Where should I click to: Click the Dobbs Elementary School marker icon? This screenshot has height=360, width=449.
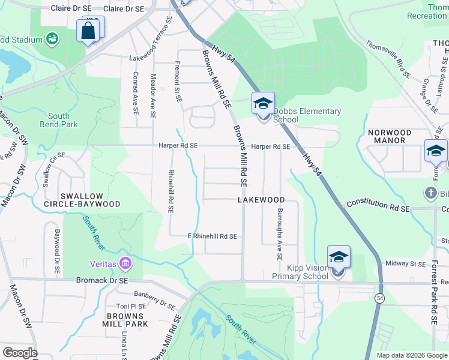coord(263,104)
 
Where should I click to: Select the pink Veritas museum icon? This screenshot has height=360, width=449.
coord(125,263)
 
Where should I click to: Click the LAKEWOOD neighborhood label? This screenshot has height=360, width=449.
coord(261,199)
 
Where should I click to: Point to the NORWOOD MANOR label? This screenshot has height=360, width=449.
coord(390,136)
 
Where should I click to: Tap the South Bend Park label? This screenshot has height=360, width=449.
coord(59,121)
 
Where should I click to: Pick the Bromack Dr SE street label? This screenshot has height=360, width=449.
coord(102,280)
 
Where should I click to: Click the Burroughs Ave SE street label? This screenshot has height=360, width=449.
coord(280,235)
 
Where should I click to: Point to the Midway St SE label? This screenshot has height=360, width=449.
coord(405,263)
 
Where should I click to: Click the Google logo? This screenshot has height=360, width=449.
coord(20,353)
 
